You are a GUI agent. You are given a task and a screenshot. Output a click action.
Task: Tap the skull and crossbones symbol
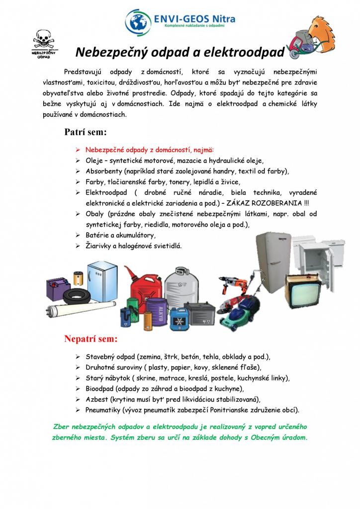click(x=41, y=39)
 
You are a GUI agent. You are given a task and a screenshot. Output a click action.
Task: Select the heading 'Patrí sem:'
click(x=86, y=132)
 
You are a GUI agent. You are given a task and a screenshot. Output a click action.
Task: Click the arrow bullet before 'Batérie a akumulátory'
click(x=78, y=235)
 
